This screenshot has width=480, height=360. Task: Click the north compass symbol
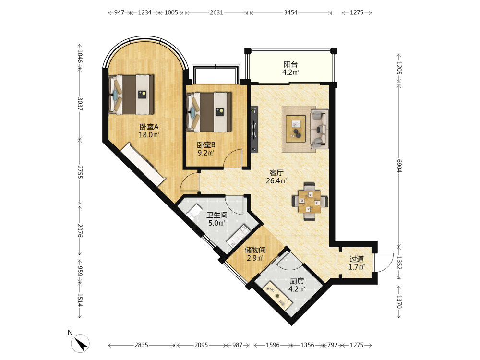pos(80,343)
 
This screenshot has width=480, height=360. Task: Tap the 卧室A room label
pos(149,127)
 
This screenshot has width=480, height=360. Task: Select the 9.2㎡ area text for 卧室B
pos(206,153)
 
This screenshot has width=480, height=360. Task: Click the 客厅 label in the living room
pos(276,173)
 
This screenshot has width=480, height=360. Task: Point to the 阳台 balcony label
pos(290,64)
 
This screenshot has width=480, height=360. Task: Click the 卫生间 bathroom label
pos(217,215)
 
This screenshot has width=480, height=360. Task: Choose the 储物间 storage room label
pos(255,250)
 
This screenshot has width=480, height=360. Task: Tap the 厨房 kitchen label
pos(297,281)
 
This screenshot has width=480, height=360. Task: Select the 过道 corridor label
pos(357,259)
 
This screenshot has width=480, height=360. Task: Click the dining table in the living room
pos(310,202)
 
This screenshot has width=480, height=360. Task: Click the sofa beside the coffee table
pos(319,129)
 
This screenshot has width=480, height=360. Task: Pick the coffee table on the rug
pos(296,129)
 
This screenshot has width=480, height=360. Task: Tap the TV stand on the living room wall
pos(254,129)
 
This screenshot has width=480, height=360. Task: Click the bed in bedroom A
pos(132,95)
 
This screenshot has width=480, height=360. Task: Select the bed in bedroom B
pos(209,112)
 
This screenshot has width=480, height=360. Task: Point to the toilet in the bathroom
pos(194,211)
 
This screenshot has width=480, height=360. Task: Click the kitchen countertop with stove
pos(278,296)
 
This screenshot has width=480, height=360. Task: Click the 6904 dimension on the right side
pos(399,166)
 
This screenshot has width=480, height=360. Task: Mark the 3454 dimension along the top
pos(290,12)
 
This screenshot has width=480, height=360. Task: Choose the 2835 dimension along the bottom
pos(141,345)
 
